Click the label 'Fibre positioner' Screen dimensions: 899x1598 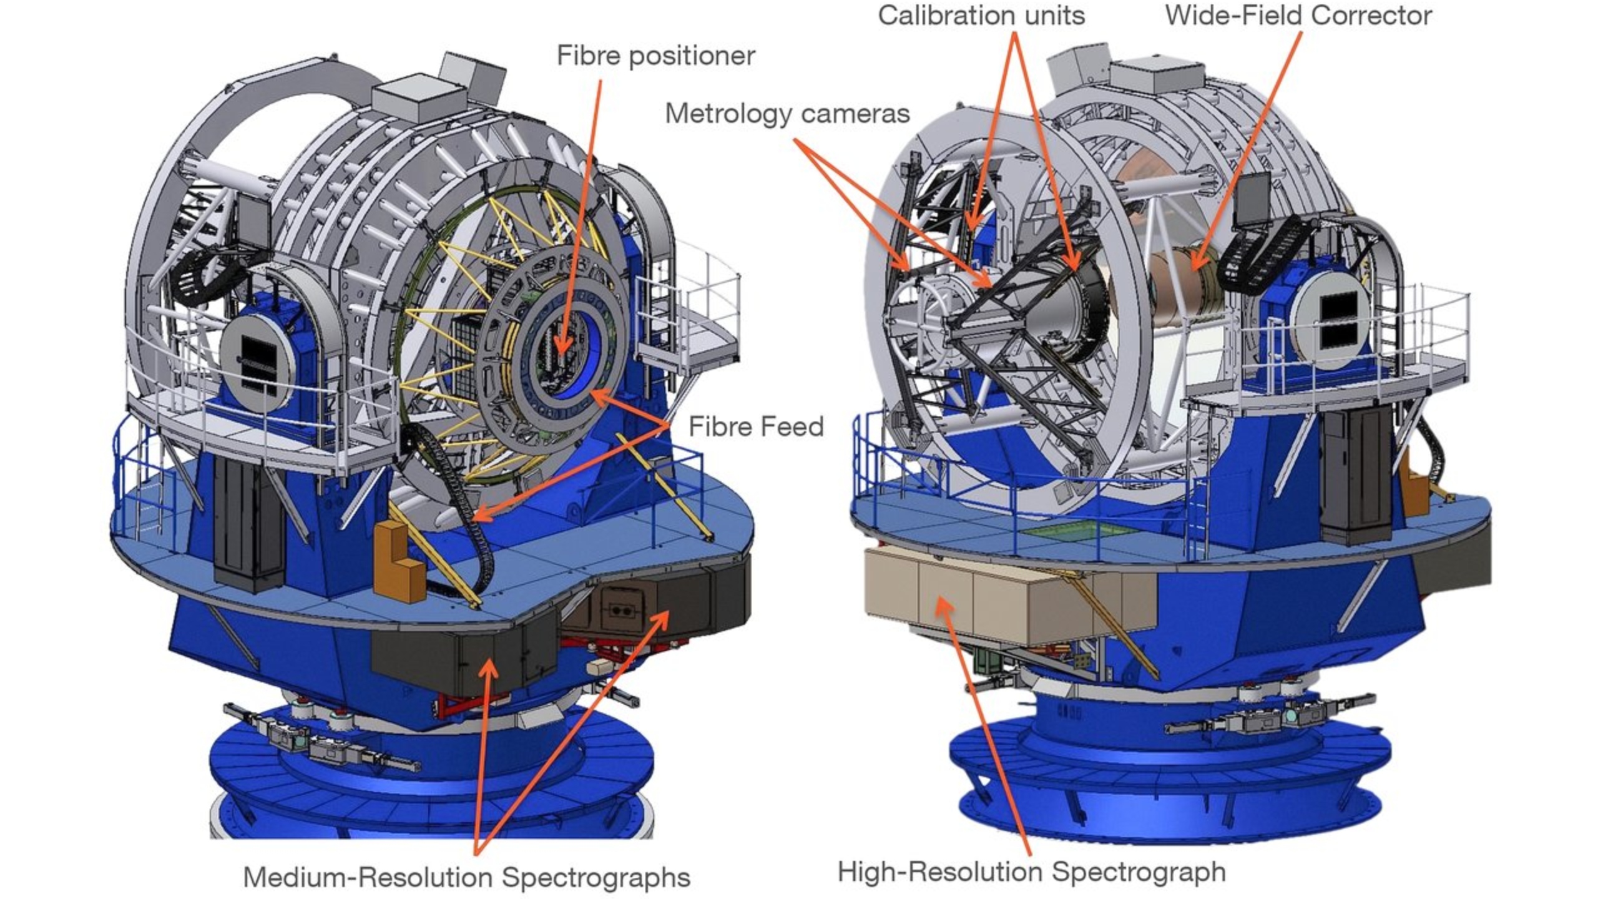point(655,56)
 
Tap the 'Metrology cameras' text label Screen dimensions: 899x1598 point(787,114)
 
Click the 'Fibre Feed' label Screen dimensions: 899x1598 point(756,427)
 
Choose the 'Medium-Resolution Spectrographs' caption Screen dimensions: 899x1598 point(466,877)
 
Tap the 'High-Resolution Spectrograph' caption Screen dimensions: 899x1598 point(1031,872)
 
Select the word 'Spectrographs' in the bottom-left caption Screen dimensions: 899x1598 point(596,877)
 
